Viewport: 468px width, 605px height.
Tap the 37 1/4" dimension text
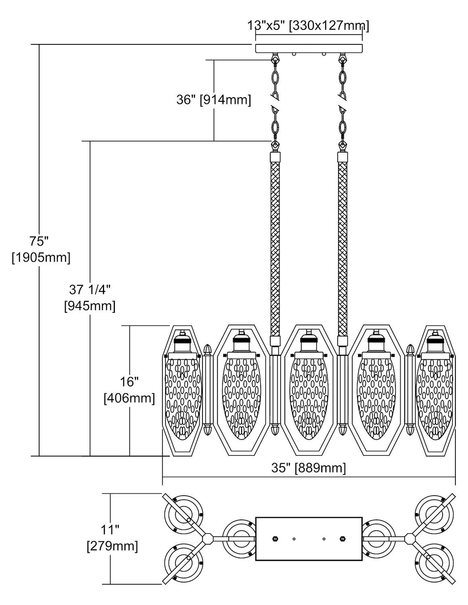coord(90,298)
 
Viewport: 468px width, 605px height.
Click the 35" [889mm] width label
coord(309,468)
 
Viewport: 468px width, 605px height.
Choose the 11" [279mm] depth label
coord(112,538)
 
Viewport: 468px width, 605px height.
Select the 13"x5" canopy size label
coord(308,26)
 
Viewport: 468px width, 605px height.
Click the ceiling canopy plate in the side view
coord(309,48)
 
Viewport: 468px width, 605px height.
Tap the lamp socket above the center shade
coord(308,341)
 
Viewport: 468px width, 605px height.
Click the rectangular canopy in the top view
coord(309,538)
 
